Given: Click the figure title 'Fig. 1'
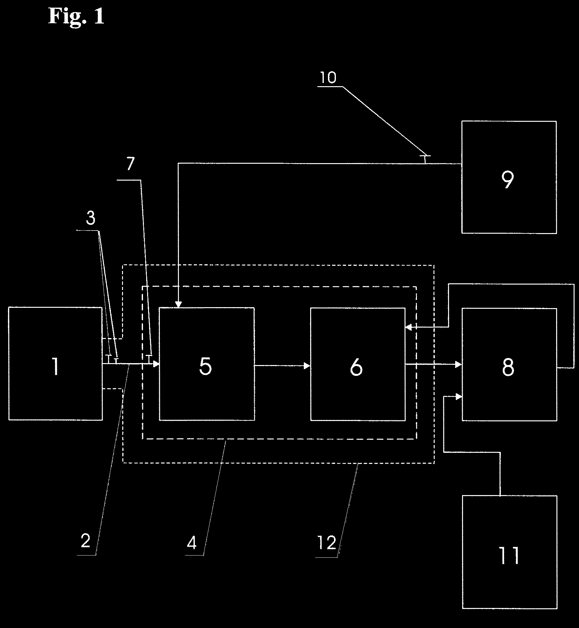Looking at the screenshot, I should click(x=76, y=16).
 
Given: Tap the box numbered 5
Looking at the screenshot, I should click(x=207, y=364).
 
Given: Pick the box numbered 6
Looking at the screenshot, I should click(x=358, y=364).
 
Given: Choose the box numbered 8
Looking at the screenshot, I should click(x=509, y=364).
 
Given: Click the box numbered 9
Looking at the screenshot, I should click(x=509, y=177).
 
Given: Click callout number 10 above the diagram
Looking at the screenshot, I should click(x=328, y=78).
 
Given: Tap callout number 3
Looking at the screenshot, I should click(x=91, y=219).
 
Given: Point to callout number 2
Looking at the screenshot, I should click(x=85, y=541).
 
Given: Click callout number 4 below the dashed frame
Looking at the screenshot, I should click(x=192, y=543).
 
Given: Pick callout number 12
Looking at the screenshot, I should click(x=327, y=542).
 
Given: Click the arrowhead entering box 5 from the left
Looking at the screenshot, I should click(x=156, y=364).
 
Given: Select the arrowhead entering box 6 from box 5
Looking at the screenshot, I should click(x=307, y=366).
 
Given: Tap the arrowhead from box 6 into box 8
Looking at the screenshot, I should click(x=459, y=364).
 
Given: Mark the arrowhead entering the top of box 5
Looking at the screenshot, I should click(x=179, y=305).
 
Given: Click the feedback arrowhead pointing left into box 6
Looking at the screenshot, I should click(x=409, y=327).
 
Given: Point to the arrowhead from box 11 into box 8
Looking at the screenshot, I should click(x=459, y=397).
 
